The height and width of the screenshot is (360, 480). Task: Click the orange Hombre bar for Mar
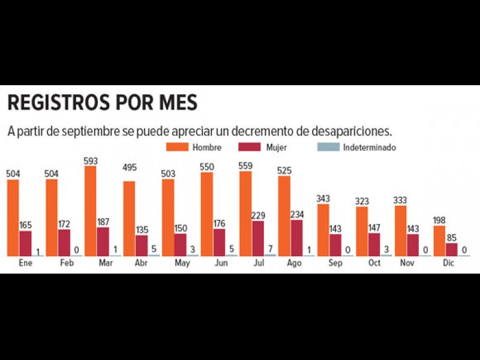click(x=90, y=211)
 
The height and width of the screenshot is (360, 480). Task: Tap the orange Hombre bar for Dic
click(x=439, y=241)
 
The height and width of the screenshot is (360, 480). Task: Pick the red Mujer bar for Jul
click(x=257, y=238)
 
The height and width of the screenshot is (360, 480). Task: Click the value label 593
click(x=91, y=161)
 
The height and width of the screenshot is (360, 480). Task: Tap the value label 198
click(x=439, y=220)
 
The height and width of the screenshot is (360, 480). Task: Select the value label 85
click(x=452, y=238)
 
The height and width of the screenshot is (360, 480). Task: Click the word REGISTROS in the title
click(x=57, y=103)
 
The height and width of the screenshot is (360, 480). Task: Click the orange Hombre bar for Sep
click(x=323, y=230)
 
